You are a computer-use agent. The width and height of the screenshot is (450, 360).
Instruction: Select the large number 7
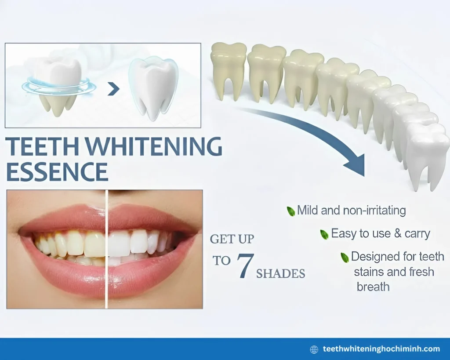coord(243,266)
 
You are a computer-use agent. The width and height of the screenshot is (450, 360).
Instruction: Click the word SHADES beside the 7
coord(280,273)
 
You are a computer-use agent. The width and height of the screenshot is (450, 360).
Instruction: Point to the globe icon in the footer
coord(314,349)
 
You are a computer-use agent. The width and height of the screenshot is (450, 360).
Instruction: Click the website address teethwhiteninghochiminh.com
coord(381,349)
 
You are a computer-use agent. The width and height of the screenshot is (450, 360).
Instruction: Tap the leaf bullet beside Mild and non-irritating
coord(290,211)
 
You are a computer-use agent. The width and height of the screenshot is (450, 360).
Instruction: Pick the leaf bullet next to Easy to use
coord(324,234)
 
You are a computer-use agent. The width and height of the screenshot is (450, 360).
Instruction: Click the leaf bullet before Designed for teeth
coord(345,257)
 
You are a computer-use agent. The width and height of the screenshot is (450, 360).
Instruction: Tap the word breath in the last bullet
coord(373,287)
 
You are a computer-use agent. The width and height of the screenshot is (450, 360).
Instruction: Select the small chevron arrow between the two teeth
coord(114,89)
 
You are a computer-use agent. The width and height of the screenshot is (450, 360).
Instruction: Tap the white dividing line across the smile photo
coord(107,249)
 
